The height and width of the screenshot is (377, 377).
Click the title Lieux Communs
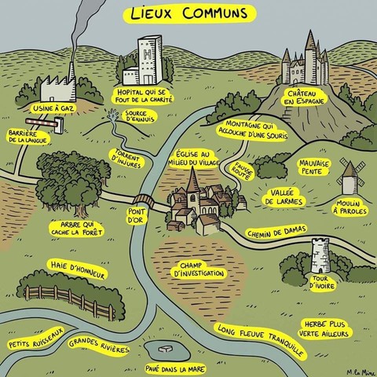click(x=189, y=13)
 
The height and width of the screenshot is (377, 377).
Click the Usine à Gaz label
click(x=53, y=108)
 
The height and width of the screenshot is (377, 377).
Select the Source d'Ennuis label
click(x=140, y=116)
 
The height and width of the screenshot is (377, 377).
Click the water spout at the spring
click(x=112, y=115)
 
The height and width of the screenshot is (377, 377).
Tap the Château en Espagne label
click(x=306, y=97)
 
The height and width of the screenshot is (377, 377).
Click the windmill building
click(x=350, y=178)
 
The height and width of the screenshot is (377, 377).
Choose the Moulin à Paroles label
click(x=350, y=207)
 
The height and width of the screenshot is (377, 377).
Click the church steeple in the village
click(x=193, y=181)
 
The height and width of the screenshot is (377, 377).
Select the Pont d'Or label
click(x=136, y=216)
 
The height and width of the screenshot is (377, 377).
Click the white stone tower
click(x=320, y=255)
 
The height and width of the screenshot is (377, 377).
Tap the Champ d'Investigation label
click(x=199, y=269)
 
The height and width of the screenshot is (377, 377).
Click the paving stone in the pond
click(x=165, y=349)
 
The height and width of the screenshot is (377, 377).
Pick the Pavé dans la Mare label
click(x=175, y=369)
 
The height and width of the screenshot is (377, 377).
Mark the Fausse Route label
click(x=243, y=171)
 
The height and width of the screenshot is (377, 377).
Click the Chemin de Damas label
click(x=276, y=232)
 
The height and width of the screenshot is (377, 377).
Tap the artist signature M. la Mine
click(x=360, y=372)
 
